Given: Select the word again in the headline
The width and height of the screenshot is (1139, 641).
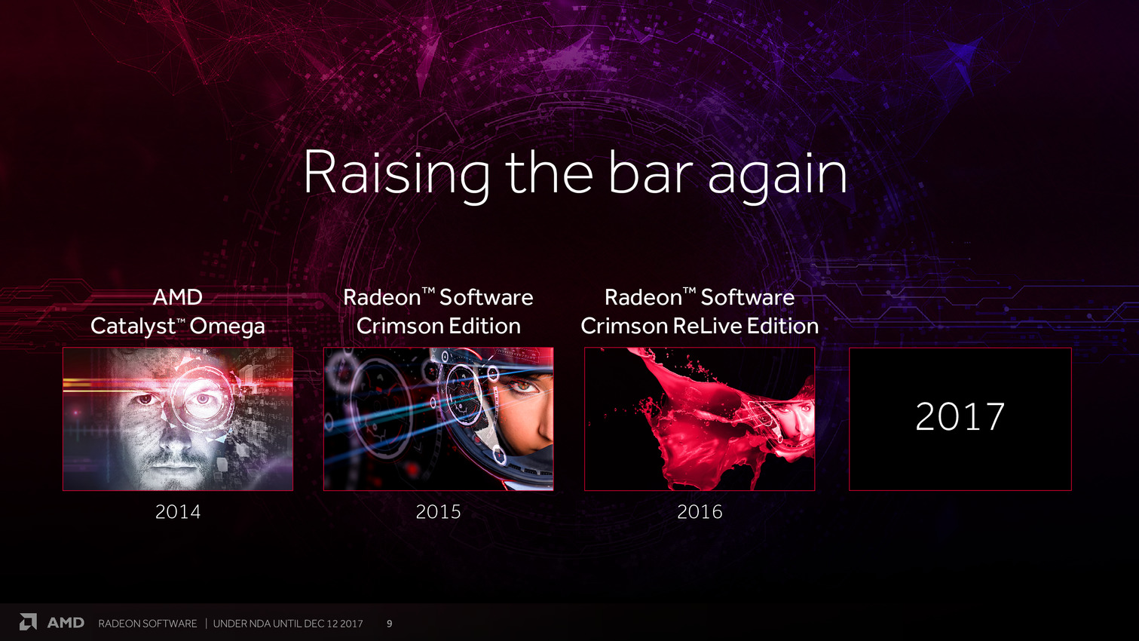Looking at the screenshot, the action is point(777,176).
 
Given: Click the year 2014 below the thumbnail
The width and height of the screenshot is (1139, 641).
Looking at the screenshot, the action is point(178,512).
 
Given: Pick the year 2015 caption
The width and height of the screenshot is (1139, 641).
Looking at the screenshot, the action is point(438,512).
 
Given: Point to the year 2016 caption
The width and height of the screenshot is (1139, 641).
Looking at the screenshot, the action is point(700,512).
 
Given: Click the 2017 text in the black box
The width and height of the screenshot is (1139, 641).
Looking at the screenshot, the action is point(960,416).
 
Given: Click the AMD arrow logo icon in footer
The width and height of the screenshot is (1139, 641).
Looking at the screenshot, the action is point(29,622).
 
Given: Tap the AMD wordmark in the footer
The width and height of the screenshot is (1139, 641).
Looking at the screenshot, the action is point(66,623).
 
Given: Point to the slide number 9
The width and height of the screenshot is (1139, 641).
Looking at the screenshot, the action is point(390,623).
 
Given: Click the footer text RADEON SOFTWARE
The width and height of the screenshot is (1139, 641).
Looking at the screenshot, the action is point(148,623).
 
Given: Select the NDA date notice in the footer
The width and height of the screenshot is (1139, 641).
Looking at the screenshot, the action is point(288,623).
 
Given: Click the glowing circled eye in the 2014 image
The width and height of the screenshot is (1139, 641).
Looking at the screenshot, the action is point(202,398).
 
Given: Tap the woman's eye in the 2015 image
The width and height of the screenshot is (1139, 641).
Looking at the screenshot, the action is point(520,387).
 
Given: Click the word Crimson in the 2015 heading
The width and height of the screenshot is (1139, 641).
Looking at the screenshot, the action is point(399,326).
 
